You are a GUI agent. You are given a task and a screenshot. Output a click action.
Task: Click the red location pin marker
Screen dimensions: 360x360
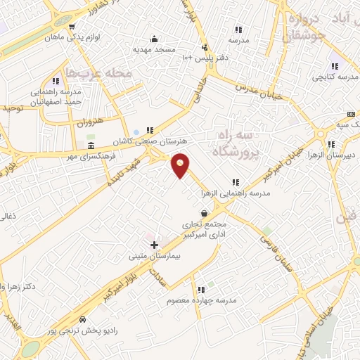click(x=181, y=165)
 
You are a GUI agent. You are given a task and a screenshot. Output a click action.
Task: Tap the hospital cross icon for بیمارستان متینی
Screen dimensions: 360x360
click(x=154, y=244)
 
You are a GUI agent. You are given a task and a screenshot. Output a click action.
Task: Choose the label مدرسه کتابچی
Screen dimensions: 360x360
click(x=327, y=75)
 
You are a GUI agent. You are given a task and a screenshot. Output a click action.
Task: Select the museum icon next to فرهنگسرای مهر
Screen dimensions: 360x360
click(x=90, y=146)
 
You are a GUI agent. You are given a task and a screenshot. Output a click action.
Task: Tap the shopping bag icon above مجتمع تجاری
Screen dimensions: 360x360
click(x=204, y=213)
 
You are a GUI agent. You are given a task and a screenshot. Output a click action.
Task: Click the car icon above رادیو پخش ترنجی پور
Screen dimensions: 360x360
click(x=84, y=319)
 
